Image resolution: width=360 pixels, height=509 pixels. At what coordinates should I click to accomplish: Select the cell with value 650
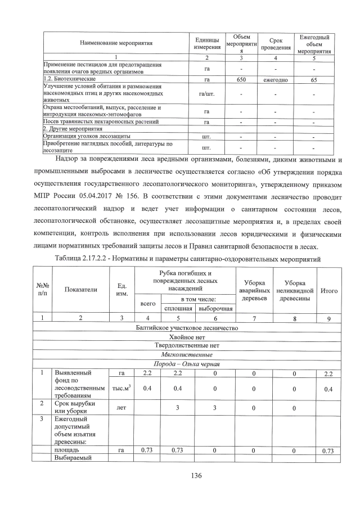(241, 80)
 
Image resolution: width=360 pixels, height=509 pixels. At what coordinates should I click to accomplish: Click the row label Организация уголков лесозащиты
(87, 136)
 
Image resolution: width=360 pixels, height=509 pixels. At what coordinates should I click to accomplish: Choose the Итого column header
(328, 290)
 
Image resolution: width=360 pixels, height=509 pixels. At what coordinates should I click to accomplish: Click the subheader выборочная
(216, 308)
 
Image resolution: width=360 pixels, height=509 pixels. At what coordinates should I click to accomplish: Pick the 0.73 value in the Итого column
(328, 451)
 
